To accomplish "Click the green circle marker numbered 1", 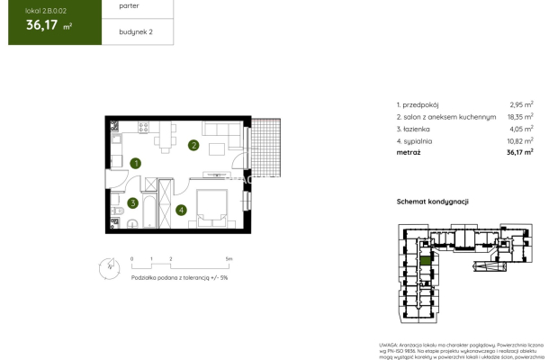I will (x=134, y=164).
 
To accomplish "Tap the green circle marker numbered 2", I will (x=193, y=145).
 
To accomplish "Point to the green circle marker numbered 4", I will (x=181, y=211).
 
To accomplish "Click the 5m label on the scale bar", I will (x=229, y=258).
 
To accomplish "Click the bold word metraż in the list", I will (x=409, y=153).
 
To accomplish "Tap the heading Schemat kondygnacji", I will (x=433, y=202).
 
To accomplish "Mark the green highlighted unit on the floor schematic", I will (x=426, y=263).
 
